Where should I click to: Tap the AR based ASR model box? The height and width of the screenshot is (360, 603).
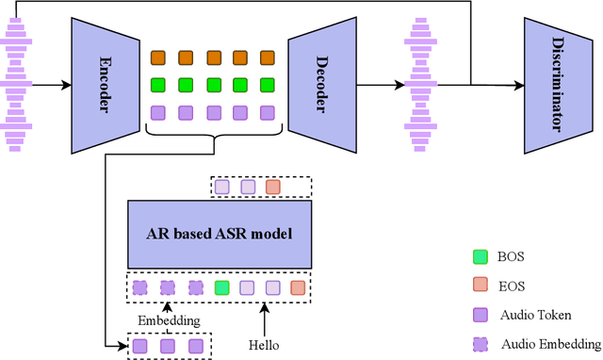click(x=220, y=234)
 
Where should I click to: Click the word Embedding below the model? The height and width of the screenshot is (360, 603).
click(x=169, y=319)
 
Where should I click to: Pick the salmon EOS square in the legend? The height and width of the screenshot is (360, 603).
click(x=480, y=286)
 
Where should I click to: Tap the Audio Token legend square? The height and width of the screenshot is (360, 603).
click(x=480, y=315)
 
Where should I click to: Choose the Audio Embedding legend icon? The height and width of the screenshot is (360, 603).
click(x=480, y=344)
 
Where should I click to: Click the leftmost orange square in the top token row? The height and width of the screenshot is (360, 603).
click(x=158, y=57)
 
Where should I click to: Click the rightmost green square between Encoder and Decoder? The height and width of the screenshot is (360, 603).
click(x=268, y=84)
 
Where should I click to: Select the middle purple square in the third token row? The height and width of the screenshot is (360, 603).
click(x=213, y=112)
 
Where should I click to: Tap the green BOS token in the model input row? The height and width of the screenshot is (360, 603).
click(x=221, y=287)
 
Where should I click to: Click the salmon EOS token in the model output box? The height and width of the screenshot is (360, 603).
click(x=272, y=188)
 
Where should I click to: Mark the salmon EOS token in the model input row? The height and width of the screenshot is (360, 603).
click(x=298, y=287)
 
